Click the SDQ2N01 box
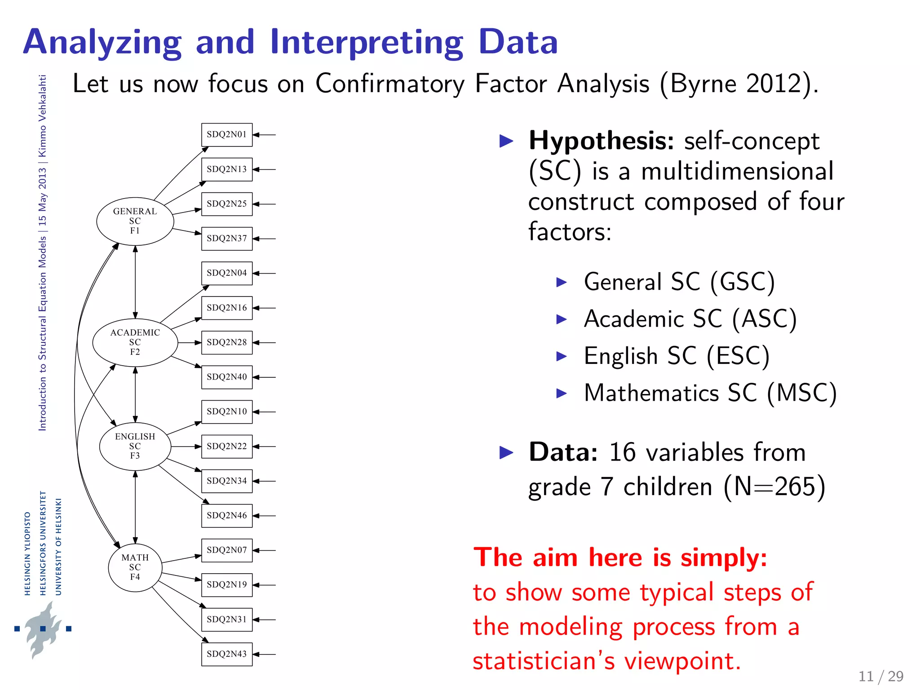click(227, 135)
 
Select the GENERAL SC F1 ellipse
click(135, 221)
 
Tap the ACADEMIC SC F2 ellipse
click(135, 342)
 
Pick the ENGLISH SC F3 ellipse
click(135, 446)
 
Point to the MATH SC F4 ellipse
click(135, 567)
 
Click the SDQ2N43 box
click(227, 654)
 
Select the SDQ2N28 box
click(227, 342)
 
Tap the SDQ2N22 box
click(227, 447)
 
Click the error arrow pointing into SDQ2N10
click(265, 412)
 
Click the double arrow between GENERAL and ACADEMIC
click(135, 282)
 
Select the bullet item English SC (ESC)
click(677, 356)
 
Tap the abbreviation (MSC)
click(801, 393)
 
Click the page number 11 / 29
click(880, 676)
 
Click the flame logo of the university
click(43, 629)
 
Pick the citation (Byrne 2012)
click(739, 84)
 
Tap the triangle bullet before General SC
click(562, 282)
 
